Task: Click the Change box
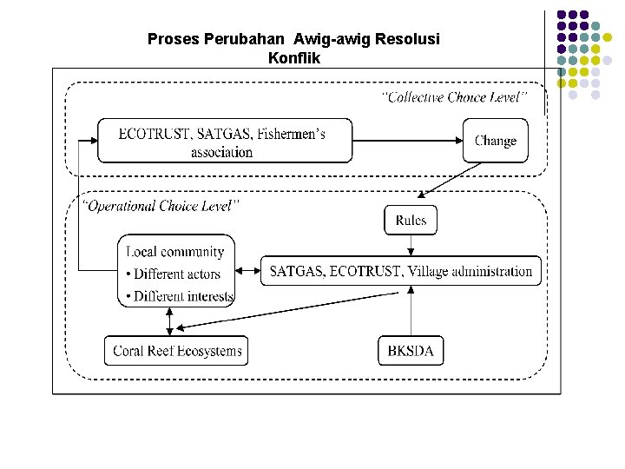[496, 141]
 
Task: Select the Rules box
[411, 220]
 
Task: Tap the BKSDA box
[411, 351]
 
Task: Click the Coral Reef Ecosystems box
[175, 351]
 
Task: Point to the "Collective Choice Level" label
[453, 97]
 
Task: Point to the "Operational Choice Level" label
[160, 206]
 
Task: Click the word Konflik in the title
[294, 58]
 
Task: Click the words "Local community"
[175, 252]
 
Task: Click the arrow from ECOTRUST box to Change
[408, 141]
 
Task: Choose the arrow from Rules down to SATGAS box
[411, 246]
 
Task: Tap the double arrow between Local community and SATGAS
[248, 271]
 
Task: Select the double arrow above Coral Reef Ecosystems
[170, 320]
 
